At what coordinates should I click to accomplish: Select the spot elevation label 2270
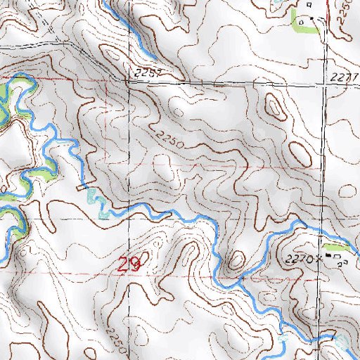click(x=300, y=259)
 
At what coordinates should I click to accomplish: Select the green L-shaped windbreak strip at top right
click(x=298, y=21)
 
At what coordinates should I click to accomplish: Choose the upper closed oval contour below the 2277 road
click(x=274, y=107)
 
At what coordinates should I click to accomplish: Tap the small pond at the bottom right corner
click(x=343, y=342)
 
